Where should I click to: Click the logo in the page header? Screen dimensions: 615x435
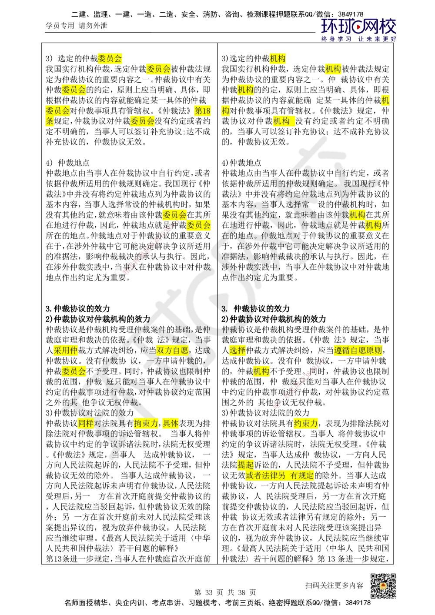tap(359, 30)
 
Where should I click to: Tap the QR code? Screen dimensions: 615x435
tap(382, 586)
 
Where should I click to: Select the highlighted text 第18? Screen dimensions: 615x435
tap(202, 111)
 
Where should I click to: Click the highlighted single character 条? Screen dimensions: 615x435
tap(50, 122)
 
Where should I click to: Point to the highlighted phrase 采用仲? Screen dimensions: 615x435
tap(65, 350)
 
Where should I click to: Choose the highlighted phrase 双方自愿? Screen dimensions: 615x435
tap(172, 351)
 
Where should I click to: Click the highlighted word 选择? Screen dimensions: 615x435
tap(238, 351)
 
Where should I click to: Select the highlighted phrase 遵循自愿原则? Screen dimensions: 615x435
tap(358, 351)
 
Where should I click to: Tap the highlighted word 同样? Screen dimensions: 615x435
tap(85, 423)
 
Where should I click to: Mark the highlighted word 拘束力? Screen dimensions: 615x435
tap(146, 423)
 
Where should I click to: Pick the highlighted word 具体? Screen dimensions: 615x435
tap(171, 423)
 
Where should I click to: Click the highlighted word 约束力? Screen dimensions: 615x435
tap(306, 423)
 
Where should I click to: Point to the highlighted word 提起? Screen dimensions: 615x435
tap(245, 465)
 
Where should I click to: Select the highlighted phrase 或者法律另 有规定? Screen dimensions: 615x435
tap(280, 476)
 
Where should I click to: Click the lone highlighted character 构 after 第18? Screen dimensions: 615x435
tap(225, 111)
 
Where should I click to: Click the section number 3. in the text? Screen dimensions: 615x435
tap(225, 309)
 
